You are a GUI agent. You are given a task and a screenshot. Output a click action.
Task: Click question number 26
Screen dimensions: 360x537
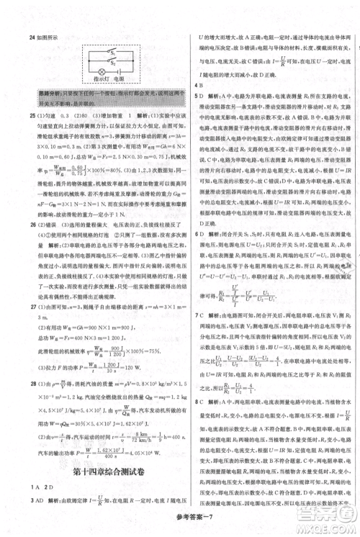pyautogui.click(x=23, y=243)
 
